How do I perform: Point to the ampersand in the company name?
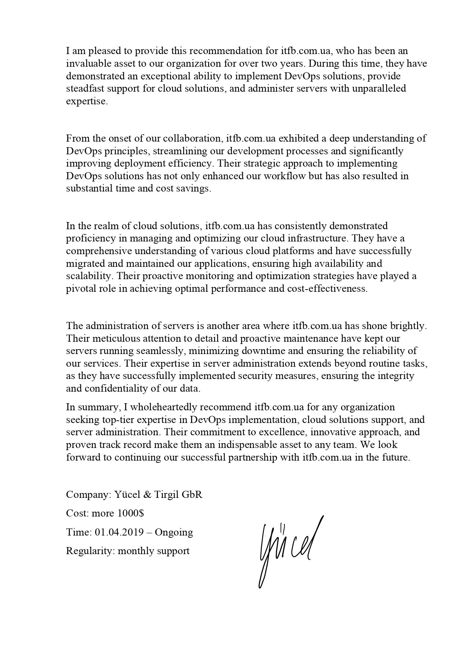tap(148, 495)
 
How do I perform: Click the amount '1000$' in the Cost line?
tap(131, 514)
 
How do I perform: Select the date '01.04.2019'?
tap(119, 532)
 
